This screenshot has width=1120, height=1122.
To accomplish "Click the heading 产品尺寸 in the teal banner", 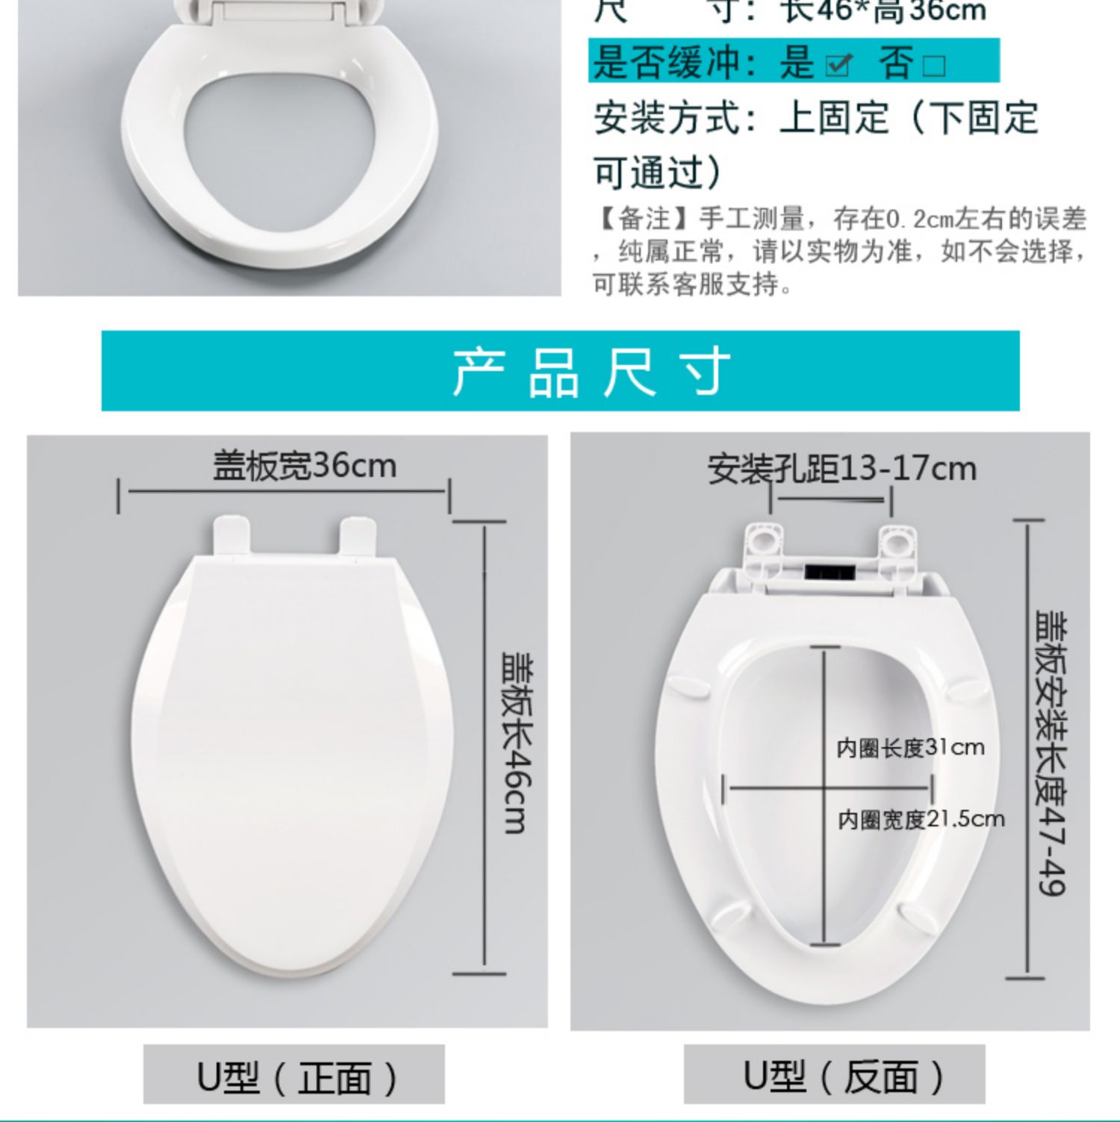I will tap(591, 371).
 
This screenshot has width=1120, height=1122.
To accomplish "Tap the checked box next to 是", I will tap(838, 66).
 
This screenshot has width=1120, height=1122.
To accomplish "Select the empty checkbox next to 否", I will tap(933, 66).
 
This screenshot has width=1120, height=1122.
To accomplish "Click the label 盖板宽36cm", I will tap(304, 466).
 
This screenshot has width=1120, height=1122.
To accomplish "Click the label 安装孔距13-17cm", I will tap(841, 470).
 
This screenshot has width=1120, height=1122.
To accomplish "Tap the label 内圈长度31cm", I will tap(909, 747).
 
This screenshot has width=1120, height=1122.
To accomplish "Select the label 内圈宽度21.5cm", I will tap(921, 820).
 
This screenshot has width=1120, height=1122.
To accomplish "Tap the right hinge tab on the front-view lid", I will tap(358, 536).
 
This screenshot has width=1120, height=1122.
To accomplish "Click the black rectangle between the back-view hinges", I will tap(829, 572).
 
